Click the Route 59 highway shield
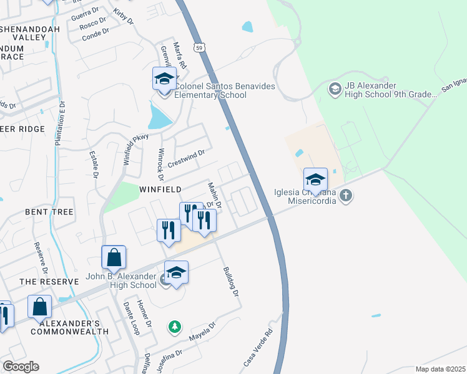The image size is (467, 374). [x=199, y=47]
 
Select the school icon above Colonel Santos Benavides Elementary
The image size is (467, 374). [x=164, y=80]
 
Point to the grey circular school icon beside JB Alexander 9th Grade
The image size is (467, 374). [x=335, y=90]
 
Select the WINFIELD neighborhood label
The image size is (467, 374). [x=160, y=189]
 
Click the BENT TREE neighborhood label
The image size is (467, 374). [x=49, y=212]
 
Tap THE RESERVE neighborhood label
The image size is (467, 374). [x=49, y=282]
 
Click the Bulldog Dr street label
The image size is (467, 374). [x=231, y=281]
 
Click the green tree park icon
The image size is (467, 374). [x=175, y=326]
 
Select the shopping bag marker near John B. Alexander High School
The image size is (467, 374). [x=114, y=257]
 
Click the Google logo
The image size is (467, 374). [x=21, y=367]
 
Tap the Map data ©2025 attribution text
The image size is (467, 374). [x=440, y=369]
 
